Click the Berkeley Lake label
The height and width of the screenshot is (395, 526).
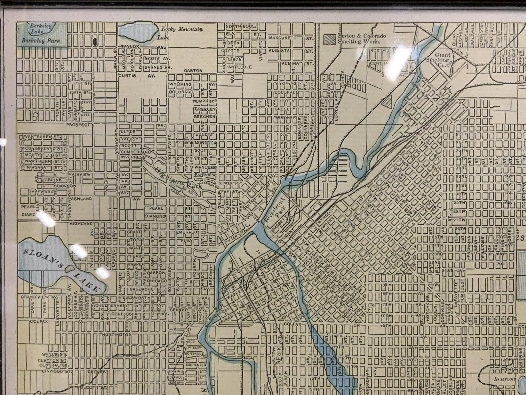coord(38,29)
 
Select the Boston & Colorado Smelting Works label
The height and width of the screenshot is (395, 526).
coord(362,39)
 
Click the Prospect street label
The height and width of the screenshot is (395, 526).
coord(78,125)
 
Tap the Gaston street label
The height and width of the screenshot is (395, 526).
coord(193,70)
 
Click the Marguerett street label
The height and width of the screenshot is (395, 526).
coord(282,38)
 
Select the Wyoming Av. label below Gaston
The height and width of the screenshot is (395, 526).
coord(180,84)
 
